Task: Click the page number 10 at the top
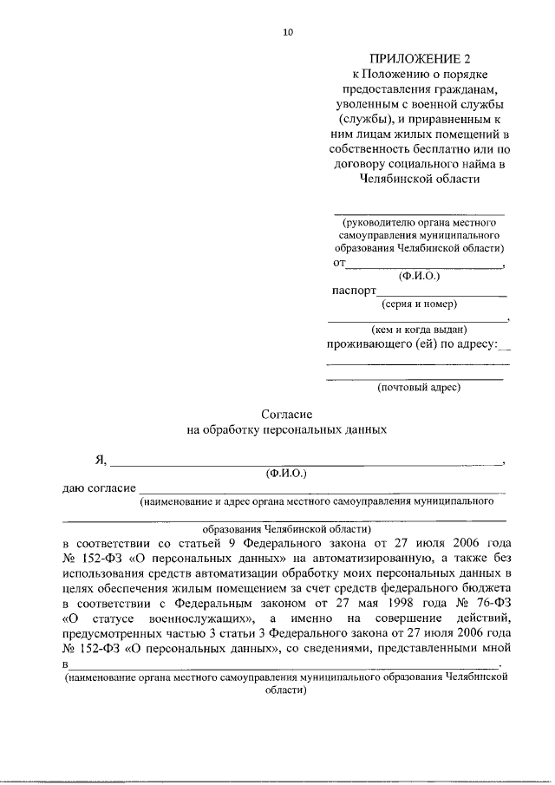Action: click(x=288, y=32)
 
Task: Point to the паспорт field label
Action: click(x=352, y=290)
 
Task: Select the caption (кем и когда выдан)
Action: click(x=419, y=330)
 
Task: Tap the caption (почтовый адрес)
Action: click(x=419, y=387)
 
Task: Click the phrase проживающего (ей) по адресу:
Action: click(x=412, y=345)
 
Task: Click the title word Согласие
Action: click(x=286, y=415)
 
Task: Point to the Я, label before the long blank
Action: click(x=101, y=460)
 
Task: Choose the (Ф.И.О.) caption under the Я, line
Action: click(x=286, y=474)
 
